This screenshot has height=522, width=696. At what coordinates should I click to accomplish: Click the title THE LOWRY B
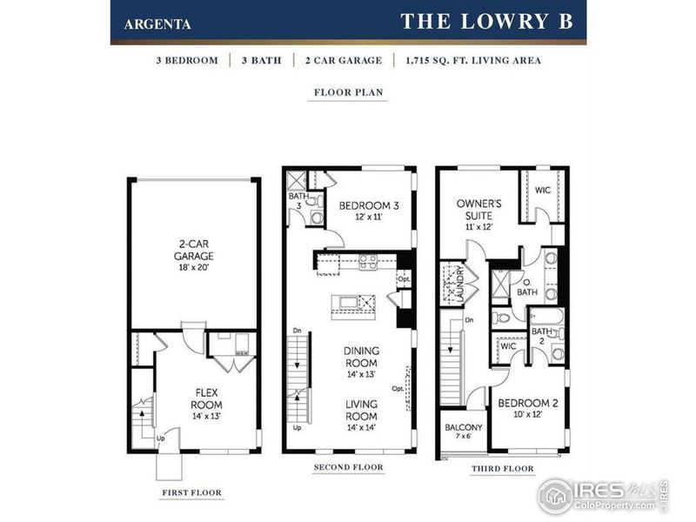[x=486, y=22]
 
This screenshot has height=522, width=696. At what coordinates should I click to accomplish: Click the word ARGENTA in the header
[x=158, y=23]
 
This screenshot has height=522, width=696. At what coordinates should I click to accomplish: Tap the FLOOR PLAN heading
[x=348, y=91]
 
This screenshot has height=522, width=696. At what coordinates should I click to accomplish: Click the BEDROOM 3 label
[x=368, y=211]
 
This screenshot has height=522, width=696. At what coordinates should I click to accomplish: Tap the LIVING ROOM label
[x=361, y=410]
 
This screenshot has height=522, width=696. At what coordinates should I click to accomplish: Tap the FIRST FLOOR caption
[x=191, y=492]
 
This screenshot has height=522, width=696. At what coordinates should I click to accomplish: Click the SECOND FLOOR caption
[x=348, y=467]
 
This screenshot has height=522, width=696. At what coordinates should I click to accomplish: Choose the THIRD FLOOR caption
[x=502, y=469]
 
